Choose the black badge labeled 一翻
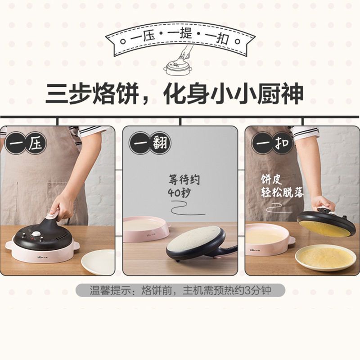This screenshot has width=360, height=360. (x=149, y=143)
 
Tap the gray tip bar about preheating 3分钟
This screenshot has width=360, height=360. (x=180, y=290)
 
